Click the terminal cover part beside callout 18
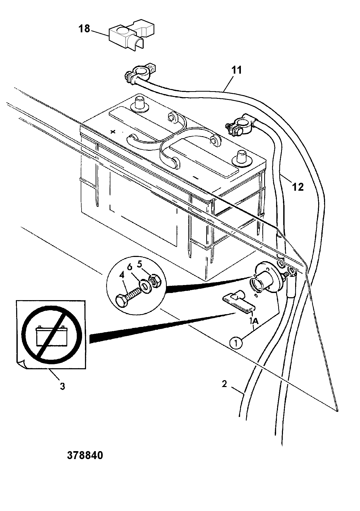pyautogui.click(x=131, y=35)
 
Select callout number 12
pyautogui.click(x=298, y=187)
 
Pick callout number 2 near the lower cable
pyautogui.click(x=224, y=384)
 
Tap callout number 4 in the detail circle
pyautogui.click(x=121, y=275)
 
